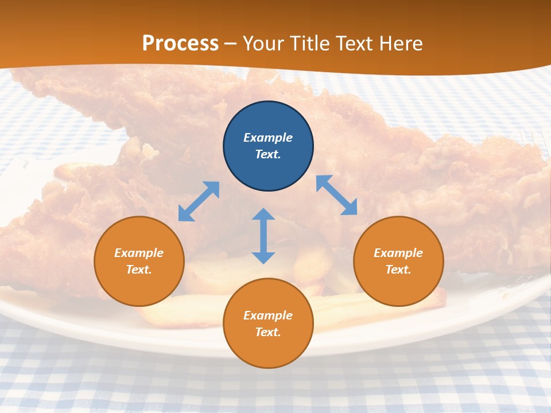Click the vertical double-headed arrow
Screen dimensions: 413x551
point(263,236)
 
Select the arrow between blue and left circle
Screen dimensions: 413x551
point(199,201)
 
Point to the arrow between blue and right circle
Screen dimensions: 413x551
point(336,195)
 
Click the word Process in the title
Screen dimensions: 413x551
point(180,43)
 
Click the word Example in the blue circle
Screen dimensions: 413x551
point(268,138)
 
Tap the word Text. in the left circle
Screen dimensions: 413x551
point(139,270)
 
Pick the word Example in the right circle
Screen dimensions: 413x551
point(398,253)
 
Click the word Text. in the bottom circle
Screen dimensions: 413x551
point(268,332)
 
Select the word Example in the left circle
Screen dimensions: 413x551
point(139,253)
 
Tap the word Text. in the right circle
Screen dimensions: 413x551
point(398,270)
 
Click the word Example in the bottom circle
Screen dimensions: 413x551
point(268,315)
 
